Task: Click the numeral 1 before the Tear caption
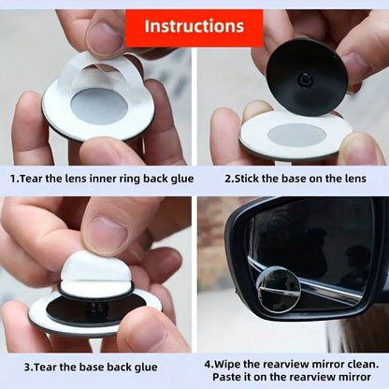[14, 176]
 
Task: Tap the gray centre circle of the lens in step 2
[296, 135]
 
